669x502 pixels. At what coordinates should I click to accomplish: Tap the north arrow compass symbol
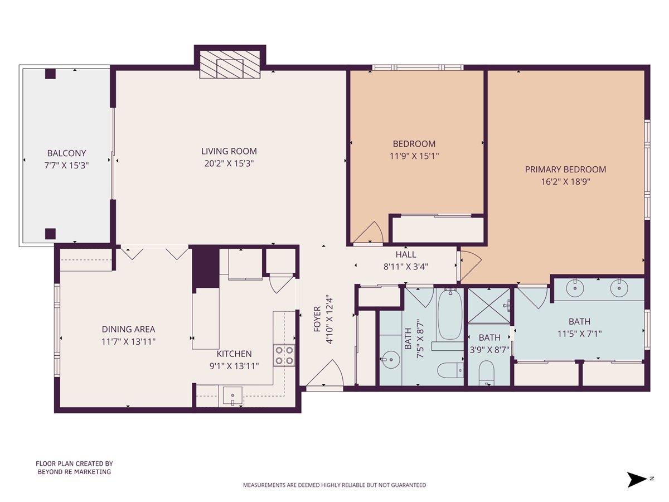[637, 479]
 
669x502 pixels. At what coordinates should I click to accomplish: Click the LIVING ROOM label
[229, 151]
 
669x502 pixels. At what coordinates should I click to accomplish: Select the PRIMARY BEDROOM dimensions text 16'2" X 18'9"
[565, 181]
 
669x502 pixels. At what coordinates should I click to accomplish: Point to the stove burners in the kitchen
[284, 355]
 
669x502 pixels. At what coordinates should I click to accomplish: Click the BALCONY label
[66, 153]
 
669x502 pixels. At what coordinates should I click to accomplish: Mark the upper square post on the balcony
[51, 74]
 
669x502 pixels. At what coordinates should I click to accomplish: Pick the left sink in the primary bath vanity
[575, 288]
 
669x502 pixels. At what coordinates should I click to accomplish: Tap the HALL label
[406, 254]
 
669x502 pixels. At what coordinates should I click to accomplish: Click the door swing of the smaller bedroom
[369, 233]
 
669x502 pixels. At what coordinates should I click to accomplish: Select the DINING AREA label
[128, 329]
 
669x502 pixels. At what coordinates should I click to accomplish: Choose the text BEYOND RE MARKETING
[74, 472]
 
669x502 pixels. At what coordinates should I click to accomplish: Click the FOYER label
[317, 319]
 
